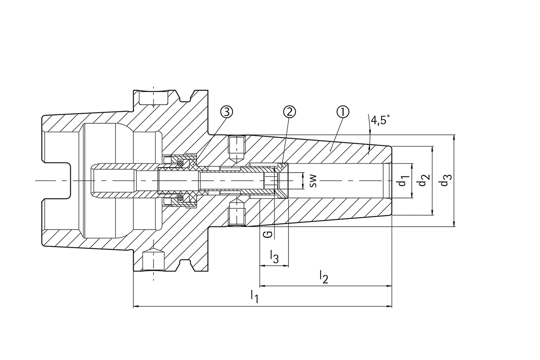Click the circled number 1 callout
[x=343, y=112]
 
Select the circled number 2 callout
[x=289, y=112]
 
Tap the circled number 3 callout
[x=227, y=112]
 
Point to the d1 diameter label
[x=402, y=181]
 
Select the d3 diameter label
[x=444, y=181]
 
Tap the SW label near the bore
[x=312, y=181]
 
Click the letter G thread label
[x=269, y=233]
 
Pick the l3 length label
[x=274, y=256]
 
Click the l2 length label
[x=324, y=277]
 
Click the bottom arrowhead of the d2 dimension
[x=432, y=213]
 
